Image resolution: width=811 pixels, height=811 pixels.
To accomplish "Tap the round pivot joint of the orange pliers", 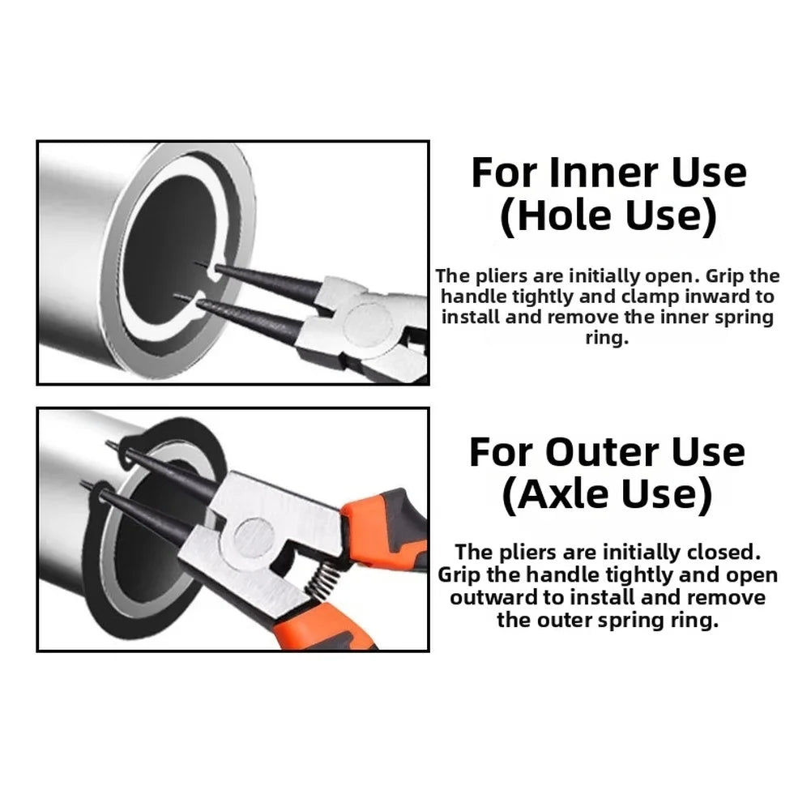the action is click(x=253, y=537).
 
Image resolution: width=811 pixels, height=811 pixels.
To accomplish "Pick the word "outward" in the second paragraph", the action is click(x=494, y=597).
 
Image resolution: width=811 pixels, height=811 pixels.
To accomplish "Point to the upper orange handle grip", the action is click(x=383, y=523).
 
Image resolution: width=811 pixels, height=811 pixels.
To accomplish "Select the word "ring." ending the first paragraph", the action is click(x=607, y=338).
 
